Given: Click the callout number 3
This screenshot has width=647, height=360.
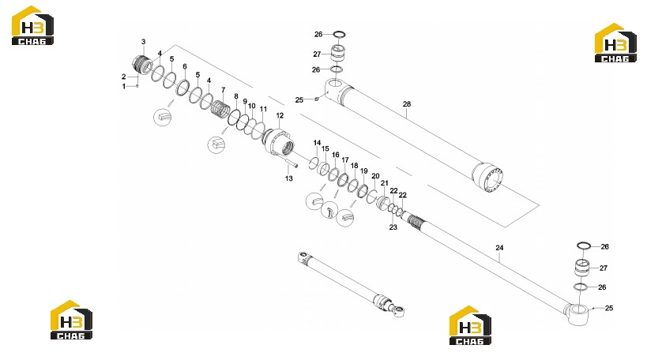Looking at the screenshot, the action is tap(144, 42).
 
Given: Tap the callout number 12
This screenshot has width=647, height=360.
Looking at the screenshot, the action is tap(280, 115).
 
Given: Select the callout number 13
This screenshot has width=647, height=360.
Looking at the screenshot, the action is tap(289, 178).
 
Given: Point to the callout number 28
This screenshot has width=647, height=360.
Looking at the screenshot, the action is tap(407, 104).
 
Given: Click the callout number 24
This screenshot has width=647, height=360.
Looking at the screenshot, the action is tap(499, 248).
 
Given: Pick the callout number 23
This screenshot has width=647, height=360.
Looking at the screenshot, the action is tap(393, 227).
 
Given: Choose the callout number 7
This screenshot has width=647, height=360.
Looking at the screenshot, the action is tap(224, 90).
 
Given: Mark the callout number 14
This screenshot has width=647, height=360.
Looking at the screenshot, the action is tap(317, 143).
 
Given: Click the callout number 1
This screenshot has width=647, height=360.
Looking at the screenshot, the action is tap(124, 86).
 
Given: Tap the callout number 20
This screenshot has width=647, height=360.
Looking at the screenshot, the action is tap(375, 176).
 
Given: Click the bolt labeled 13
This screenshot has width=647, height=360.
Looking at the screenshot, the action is tap(291, 162).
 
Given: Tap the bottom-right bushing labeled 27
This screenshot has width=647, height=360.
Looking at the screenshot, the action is tap(582, 268).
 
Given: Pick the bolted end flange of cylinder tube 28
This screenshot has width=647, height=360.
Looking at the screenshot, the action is tap(488, 178).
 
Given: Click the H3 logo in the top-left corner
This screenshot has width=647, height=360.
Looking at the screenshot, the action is tap(32, 25).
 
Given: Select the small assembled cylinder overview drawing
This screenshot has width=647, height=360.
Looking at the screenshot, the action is tap(351, 284).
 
